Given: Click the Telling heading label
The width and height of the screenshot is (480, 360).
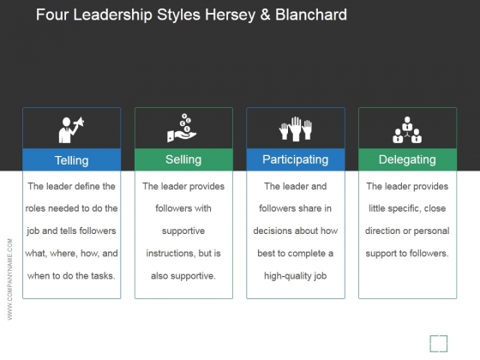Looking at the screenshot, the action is pos(72,160).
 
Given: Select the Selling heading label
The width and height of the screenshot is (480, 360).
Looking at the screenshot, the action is pos(183,159).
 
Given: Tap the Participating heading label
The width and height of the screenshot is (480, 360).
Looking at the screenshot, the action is pos(296,159).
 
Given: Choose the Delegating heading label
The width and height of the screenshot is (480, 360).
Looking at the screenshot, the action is pos(407,159).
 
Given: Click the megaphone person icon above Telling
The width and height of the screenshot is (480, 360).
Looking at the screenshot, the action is pos(71,129).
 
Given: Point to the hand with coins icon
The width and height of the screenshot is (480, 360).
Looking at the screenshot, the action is pos(182,128).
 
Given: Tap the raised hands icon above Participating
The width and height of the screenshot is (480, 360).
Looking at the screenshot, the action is pos(296,129).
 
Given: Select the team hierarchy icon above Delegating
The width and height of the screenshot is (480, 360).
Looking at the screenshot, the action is pos(407,129).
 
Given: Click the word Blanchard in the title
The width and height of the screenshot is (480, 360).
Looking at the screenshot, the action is pos(311,15).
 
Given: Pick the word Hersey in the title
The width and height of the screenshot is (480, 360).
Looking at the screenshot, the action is pos(231,15).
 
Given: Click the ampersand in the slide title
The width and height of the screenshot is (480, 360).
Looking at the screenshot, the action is pos(265,15).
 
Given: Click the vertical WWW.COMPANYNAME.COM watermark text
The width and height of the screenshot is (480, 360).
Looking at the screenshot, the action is pos(9,279).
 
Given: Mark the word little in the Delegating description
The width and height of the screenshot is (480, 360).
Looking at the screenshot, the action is pos(377,208).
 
